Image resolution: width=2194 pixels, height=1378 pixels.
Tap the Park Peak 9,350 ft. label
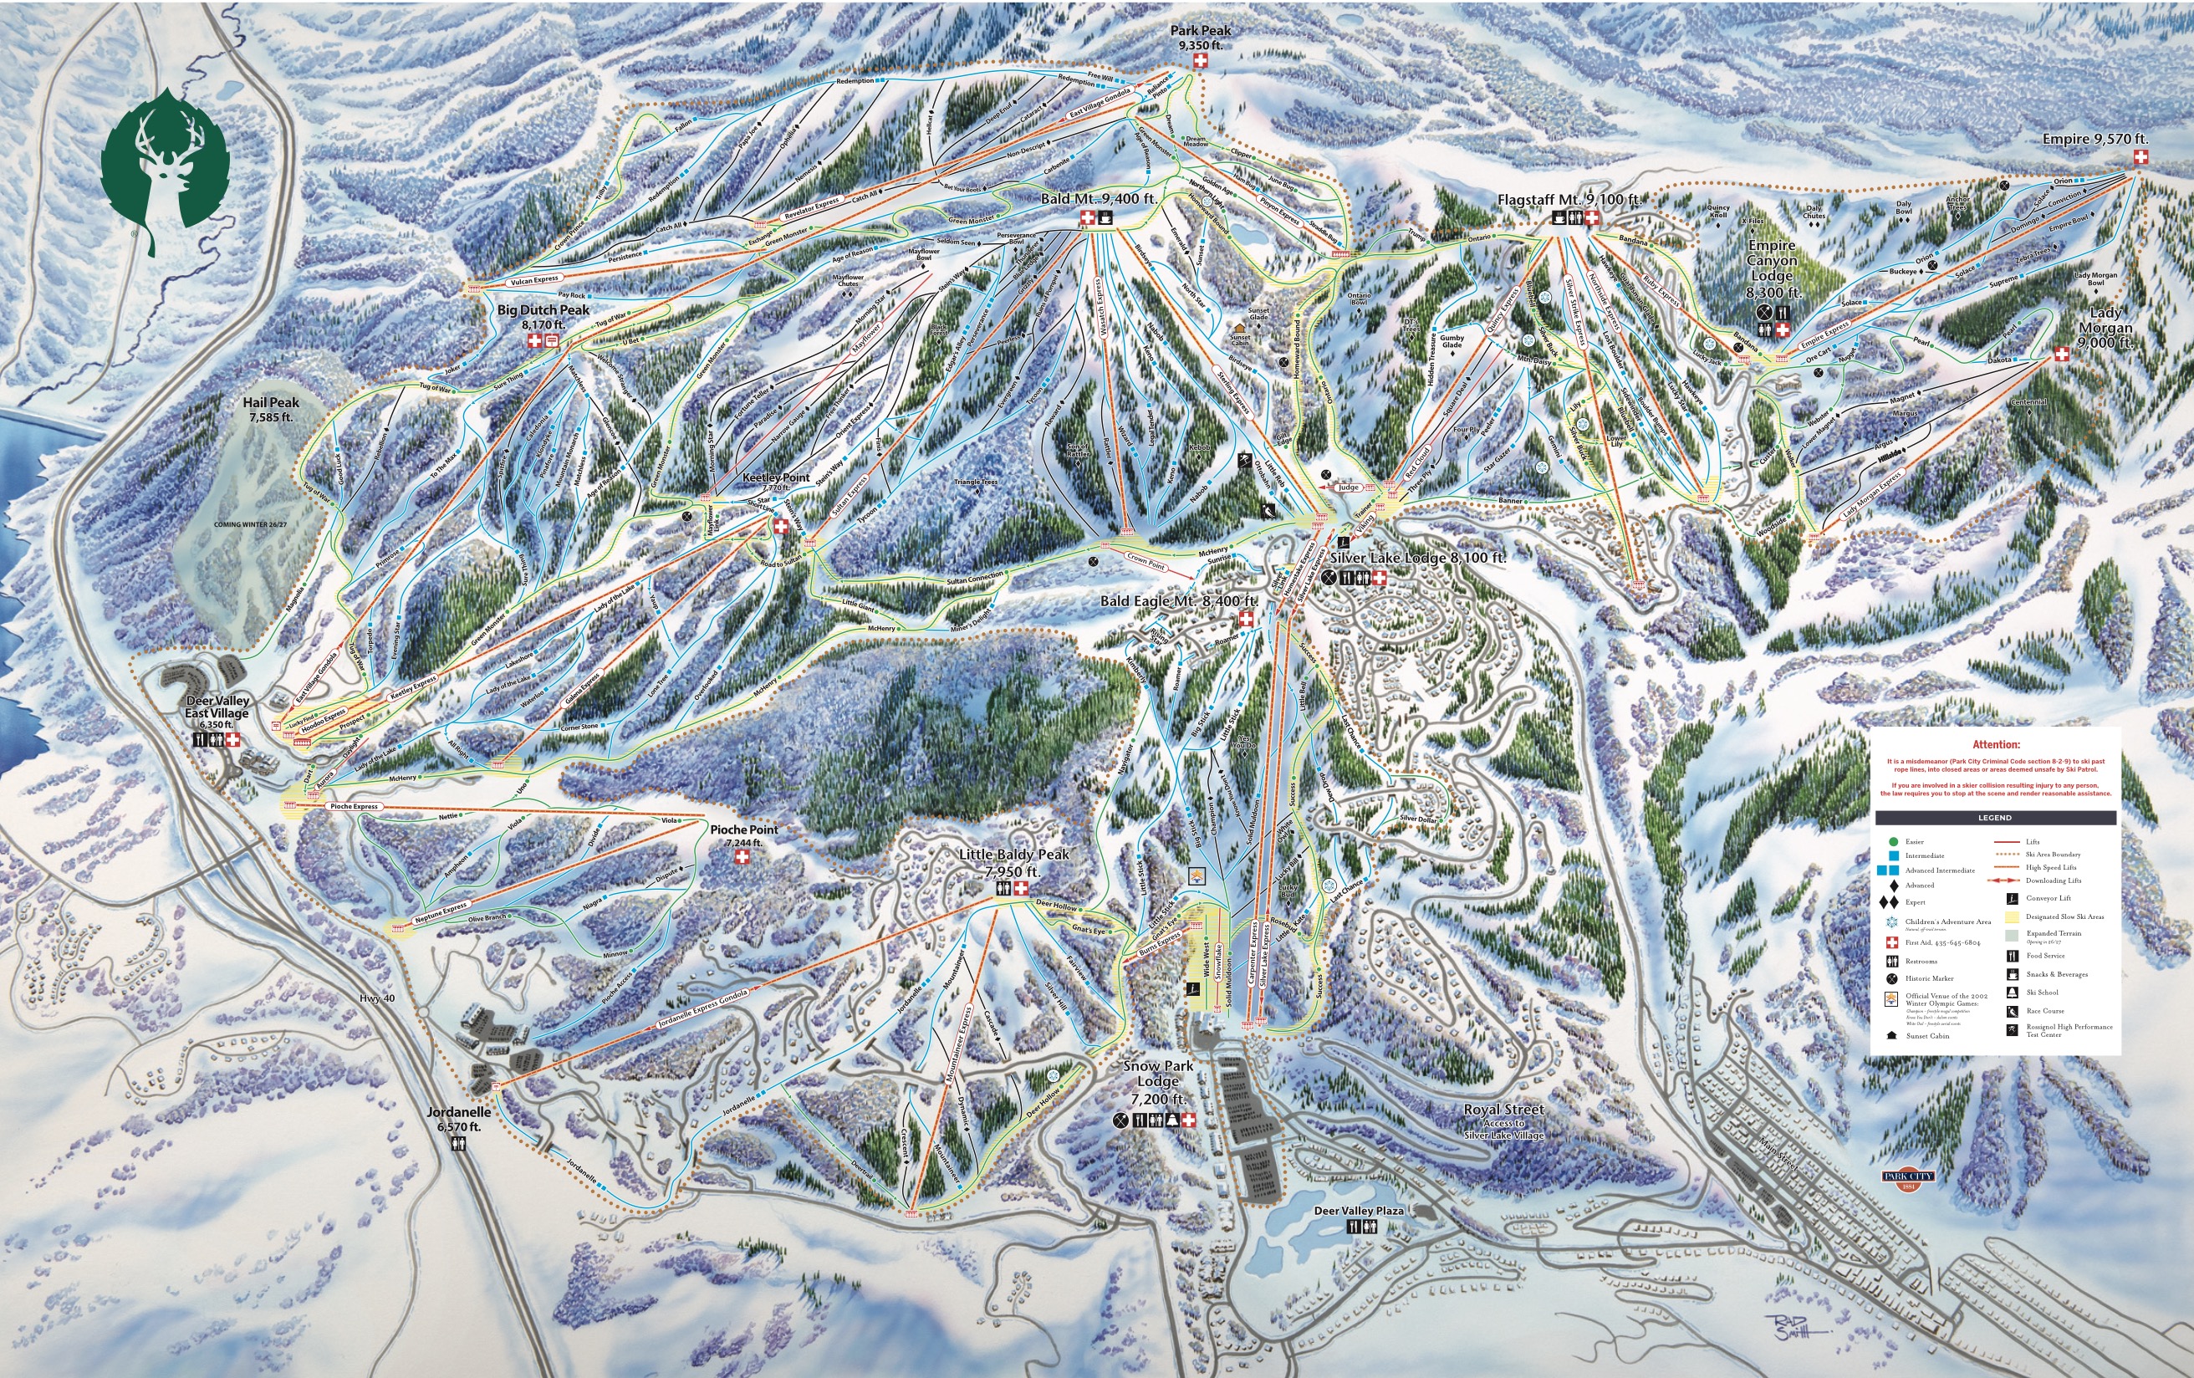pos(1200,38)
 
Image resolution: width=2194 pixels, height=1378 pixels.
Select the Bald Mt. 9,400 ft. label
pos(1099,199)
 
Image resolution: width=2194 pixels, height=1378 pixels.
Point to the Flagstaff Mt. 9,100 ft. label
pos(1569,200)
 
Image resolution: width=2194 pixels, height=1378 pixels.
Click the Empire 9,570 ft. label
pos(2095,140)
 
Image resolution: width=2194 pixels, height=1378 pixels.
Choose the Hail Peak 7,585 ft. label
pos(271,409)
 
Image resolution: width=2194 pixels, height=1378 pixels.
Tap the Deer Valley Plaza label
pos(1359,1210)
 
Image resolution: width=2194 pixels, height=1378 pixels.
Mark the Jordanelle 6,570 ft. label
pos(459,1119)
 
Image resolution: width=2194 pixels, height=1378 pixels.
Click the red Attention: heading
pos(1995,744)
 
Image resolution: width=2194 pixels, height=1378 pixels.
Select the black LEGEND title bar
pos(1994,818)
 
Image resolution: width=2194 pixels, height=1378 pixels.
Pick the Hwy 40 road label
pos(376,998)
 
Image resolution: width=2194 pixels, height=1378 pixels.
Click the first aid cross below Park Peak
pos(1200,61)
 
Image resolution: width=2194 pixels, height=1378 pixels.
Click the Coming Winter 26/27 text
pos(250,525)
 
